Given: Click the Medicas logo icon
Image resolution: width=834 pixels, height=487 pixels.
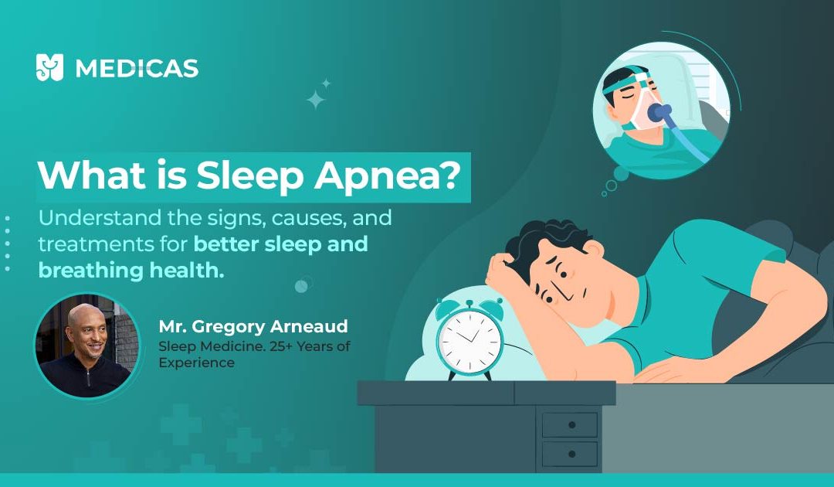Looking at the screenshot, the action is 49,67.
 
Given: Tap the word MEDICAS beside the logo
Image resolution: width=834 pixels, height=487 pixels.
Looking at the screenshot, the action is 137,69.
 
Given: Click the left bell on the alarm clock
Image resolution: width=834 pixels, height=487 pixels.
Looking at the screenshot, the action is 449,308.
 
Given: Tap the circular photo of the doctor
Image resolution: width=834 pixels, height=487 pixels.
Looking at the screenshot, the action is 86,344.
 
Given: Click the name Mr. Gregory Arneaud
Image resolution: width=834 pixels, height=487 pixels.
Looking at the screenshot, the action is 253,326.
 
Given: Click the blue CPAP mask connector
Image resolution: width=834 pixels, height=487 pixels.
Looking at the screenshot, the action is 659,113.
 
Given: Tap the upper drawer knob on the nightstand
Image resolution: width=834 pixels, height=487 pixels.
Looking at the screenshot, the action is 571,424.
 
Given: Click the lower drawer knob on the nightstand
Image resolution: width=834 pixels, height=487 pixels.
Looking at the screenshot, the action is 571,454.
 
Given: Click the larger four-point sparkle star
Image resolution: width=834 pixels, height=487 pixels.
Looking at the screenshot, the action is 315,100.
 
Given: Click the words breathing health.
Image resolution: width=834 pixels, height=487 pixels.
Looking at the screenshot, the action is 131,271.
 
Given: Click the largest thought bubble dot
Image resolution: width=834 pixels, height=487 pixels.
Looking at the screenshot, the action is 621,173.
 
